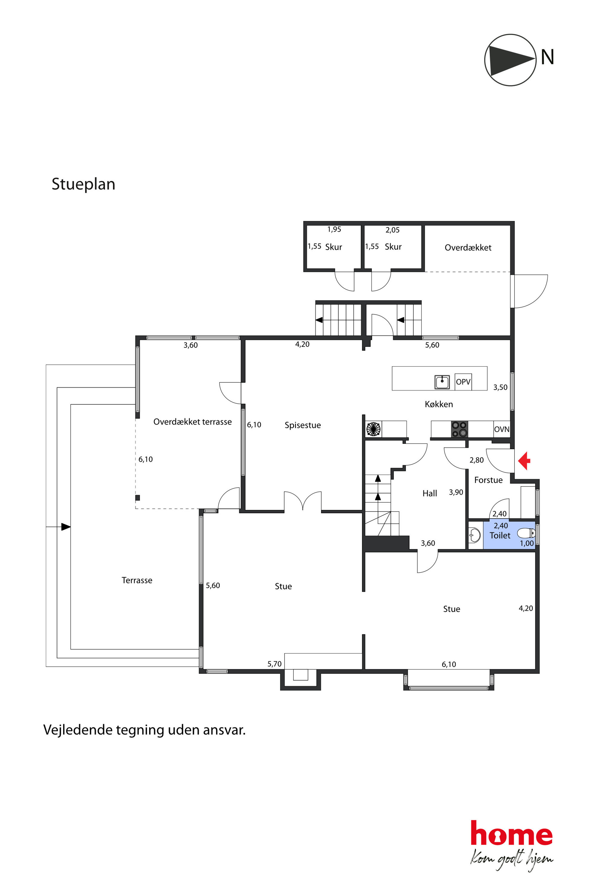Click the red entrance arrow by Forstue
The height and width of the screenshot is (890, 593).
(x=524, y=461)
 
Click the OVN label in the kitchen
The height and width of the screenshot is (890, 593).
(x=502, y=429)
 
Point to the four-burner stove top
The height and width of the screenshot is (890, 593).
(x=459, y=429)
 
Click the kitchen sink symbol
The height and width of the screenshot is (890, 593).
(x=442, y=382)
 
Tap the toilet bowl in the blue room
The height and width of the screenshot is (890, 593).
(x=526, y=533)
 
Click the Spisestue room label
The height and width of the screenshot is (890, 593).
(x=302, y=425)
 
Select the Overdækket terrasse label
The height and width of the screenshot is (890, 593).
(x=192, y=422)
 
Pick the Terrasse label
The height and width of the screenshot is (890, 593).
(x=137, y=580)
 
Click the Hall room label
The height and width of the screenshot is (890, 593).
(x=430, y=493)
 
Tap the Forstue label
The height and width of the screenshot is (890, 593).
(x=488, y=480)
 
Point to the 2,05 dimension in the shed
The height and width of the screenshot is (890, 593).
(x=392, y=230)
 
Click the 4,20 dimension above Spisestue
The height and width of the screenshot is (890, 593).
(x=302, y=344)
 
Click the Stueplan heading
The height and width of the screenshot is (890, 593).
(x=83, y=184)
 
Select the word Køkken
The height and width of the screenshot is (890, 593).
(x=439, y=404)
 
